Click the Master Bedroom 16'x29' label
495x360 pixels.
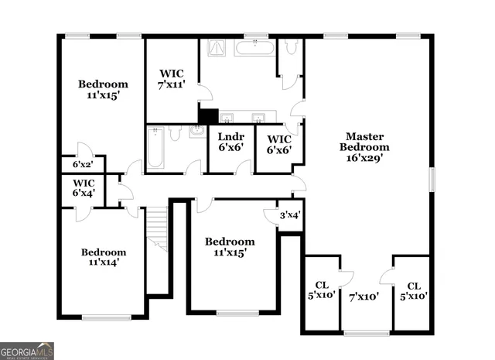point(367,146)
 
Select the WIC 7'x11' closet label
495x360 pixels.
point(172,79)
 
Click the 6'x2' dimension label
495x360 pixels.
point(83,165)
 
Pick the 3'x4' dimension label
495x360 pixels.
point(290,215)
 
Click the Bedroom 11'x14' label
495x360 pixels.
point(104,257)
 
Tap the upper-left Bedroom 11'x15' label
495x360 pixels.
point(103,90)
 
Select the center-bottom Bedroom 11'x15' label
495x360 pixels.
point(230,246)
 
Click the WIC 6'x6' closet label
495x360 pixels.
point(278,145)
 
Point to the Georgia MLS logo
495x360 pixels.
point(27,351)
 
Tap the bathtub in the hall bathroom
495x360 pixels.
point(153,149)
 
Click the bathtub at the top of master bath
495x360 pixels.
point(254,47)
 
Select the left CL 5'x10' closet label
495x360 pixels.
point(321,290)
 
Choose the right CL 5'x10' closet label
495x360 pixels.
point(413,290)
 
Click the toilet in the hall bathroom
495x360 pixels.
point(176,134)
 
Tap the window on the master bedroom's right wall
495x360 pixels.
point(432,177)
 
